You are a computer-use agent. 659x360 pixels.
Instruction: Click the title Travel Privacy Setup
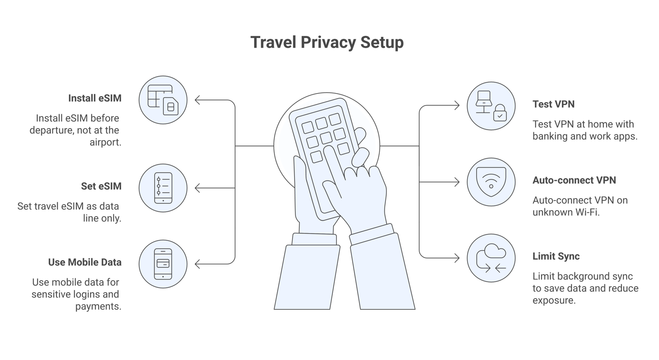pyautogui.click(x=327, y=42)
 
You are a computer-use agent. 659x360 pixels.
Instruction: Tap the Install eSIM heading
pyautogui.click(x=95, y=98)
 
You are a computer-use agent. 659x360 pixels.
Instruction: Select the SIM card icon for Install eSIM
pyautogui.click(x=163, y=100)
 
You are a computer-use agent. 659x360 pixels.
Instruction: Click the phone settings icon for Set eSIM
pyautogui.click(x=163, y=188)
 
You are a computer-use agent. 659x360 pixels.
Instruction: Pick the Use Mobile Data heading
pyautogui.click(x=85, y=262)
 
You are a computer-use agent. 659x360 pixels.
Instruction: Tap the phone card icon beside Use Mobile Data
pyautogui.click(x=163, y=264)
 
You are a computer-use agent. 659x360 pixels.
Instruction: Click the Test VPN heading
pyautogui.click(x=553, y=104)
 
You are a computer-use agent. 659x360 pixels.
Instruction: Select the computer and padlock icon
pyautogui.click(x=491, y=106)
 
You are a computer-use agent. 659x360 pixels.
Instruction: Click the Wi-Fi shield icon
pyautogui.click(x=491, y=182)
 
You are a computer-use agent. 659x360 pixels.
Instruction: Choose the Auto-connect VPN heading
pyautogui.click(x=574, y=180)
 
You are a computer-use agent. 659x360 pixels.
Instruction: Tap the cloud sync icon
pyautogui.click(x=491, y=258)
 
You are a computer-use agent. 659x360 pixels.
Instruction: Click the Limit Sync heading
pyautogui.click(x=556, y=256)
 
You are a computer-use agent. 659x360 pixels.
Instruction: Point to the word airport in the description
pyautogui.click(x=105, y=143)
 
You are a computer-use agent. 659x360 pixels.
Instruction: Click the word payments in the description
pyautogui.click(x=98, y=306)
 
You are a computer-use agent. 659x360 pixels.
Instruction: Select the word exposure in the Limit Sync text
pyautogui.click(x=553, y=301)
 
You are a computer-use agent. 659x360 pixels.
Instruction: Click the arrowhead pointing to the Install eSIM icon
pyautogui.click(x=197, y=100)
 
